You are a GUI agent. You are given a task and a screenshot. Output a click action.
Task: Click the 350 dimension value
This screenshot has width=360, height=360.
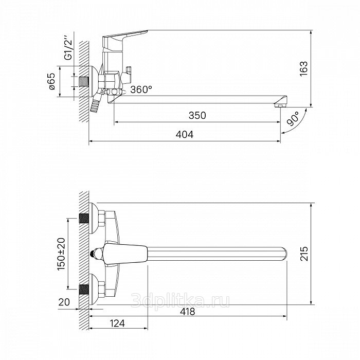pos(197,115)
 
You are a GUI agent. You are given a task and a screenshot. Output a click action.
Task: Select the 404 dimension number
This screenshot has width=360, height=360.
pos(184,135)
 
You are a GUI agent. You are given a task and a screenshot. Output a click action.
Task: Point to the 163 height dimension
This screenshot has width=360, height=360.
pos(303,68)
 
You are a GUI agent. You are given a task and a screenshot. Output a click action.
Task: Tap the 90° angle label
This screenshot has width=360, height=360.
pos(294,119)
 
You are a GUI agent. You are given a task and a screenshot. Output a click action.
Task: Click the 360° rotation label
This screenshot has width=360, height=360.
pos(141,89)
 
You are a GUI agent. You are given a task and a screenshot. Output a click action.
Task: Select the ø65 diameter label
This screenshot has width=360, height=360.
pos(52,81)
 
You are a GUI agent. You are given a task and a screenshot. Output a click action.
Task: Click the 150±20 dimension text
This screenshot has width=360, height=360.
pos(61,254)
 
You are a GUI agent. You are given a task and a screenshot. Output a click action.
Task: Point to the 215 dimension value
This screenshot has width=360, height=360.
pos(304,254)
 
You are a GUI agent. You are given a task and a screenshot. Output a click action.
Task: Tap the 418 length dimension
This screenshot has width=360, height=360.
pos(187,312)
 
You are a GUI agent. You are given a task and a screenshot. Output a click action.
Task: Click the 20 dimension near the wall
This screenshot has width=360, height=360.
pos(64,302)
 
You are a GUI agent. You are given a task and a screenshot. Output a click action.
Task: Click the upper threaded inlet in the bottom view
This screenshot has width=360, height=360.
pos(84,218)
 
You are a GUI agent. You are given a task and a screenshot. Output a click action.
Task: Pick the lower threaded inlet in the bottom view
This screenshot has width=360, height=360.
pos(84,290)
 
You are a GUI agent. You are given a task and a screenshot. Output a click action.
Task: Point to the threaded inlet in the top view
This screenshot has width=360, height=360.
pos(84,81)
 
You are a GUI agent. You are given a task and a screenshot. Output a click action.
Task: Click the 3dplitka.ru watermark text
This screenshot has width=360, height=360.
pos(180,301)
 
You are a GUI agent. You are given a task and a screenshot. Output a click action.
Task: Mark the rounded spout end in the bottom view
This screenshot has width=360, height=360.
pos(284,254)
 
